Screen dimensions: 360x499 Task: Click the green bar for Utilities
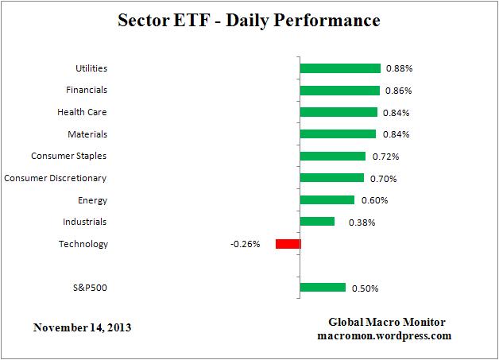tap(340, 69)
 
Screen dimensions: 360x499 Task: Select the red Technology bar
tap(288, 244)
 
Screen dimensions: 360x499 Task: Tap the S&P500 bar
tap(323, 288)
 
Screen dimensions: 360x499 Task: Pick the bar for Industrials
tap(317, 222)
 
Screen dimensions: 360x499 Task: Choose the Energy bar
tap(327, 200)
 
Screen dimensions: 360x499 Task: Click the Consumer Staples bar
tap(333, 157)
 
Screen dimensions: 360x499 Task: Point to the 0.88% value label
tap(399, 69)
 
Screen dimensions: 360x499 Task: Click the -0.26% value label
tap(245, 244)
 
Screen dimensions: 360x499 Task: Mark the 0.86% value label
tap(399, 91)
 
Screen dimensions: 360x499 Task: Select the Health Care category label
tap(82, 113)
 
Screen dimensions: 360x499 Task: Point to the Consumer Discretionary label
tap(56, 178)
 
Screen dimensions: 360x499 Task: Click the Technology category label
tap(83, 244)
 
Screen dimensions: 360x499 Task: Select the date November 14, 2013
tap(83, 327)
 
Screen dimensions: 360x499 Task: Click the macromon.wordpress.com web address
tap(388, 335)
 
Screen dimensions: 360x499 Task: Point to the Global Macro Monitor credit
tap(387, 322)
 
